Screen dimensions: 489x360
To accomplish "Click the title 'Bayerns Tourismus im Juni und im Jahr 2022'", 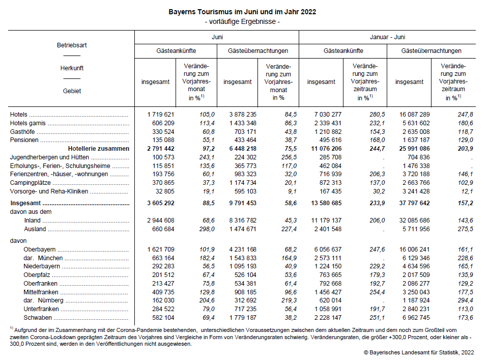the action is pyautogui.click(x=242, y=12).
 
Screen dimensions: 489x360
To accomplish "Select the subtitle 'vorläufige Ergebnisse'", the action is pyautogui.click(x=242, y=21).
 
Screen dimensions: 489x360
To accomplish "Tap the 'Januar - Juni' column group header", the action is pyautogui.click(x=387, y=37).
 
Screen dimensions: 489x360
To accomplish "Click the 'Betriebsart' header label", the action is pyautogui.click(x=72, y=45).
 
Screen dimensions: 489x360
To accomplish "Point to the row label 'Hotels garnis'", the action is pyautogui.click(x=28, y=123).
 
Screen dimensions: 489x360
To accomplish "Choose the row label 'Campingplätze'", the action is pyautogui.click(x=30, y=183).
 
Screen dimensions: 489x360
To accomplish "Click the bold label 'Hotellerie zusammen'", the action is pyautogui.click(x=99, y=149).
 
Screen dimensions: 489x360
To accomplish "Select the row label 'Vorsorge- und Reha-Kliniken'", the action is pyautogui.click(x=49, y=191).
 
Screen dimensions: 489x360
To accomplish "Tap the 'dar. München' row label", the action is pyautogui.click(x=43, y=258).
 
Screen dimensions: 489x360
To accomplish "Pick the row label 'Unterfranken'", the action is pyautogui.click(x=41, y=309).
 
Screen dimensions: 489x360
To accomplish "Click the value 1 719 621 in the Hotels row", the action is pyautogui.click(x=161, y=115).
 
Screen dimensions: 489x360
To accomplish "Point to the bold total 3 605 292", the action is pyautogui.click(x=161, y=203).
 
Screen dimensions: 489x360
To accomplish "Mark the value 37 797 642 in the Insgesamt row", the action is pyautogui.click(x=414, y=203).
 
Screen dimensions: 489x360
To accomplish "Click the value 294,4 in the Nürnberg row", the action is pyautogui.click(x=465, y=300).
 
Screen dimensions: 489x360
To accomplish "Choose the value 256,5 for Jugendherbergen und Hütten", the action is pyautogui.click(x=289, y=157).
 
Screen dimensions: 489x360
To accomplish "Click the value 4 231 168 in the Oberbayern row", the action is pyautogui.click(x=243, y=250).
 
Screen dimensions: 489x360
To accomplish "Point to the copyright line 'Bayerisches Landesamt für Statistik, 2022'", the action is pyautogui.click(x=422, y=352).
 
